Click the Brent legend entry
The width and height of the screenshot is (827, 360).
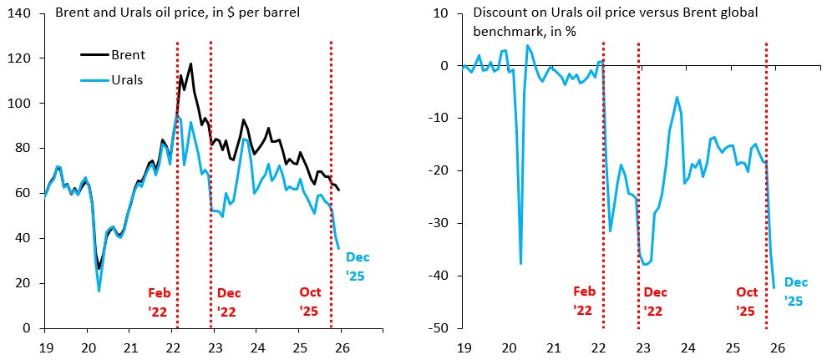[129, 55]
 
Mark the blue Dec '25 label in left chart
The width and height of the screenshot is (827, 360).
[358, 266]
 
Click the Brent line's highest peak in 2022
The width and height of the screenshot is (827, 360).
[190, 63]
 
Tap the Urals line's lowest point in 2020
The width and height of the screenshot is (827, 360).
[99, 291]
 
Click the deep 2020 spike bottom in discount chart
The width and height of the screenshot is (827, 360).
[521, 263]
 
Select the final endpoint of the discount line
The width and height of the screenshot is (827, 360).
[774, 288]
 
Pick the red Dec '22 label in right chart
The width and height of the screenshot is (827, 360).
[657, 302]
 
